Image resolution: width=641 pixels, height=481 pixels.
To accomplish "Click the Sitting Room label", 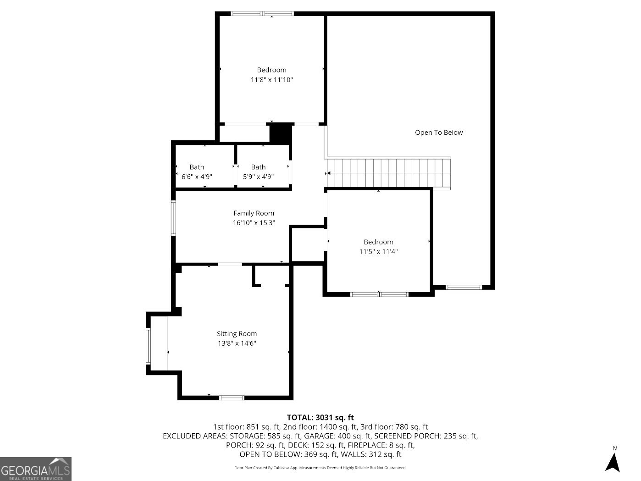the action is [237, 333].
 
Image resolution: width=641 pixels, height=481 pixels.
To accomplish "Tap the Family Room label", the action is [254, 213].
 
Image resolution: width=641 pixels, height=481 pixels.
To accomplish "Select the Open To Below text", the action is [439, 133].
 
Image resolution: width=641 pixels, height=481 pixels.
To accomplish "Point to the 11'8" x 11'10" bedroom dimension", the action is [271, 80].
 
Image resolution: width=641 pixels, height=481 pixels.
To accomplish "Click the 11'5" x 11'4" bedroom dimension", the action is [378, 251].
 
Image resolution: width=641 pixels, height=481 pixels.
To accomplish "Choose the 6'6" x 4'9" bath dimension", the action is [197, 177].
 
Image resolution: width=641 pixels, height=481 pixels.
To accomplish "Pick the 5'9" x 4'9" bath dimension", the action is [258, 177].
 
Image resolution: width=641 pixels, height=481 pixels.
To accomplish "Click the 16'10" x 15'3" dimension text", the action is [254, 223].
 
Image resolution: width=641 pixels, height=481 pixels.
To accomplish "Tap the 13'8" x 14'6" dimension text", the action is [237, 343].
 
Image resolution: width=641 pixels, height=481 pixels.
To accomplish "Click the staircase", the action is [388, 173].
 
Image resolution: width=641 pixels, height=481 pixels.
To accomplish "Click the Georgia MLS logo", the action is [36, 469].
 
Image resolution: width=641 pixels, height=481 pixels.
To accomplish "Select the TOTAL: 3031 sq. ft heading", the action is [320, 417].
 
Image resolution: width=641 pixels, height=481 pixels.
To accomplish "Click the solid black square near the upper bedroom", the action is [280, 133].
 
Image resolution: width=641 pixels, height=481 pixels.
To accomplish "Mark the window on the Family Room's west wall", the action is [173, 218].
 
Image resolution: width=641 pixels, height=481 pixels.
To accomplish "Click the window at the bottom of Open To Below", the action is [464, 287].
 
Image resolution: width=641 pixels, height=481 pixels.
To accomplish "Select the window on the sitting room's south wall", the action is [232, 398].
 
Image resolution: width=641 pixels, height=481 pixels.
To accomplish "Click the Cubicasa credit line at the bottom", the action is [320, 468].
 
